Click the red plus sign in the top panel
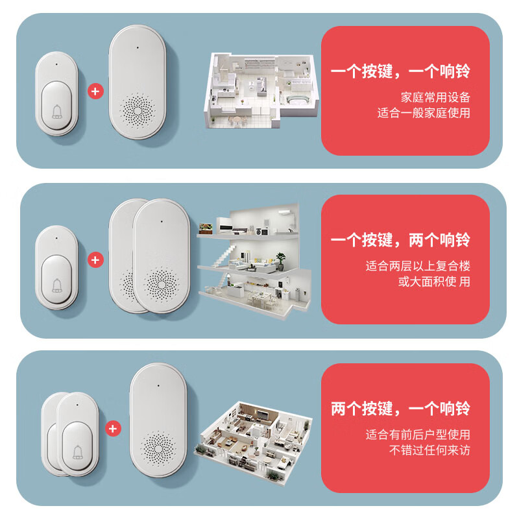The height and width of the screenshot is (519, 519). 95,91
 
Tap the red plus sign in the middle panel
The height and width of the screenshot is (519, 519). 95,260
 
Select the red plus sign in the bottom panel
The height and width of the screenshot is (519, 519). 114,429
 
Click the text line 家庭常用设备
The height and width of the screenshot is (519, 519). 435,97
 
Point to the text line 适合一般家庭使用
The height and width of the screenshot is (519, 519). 424,113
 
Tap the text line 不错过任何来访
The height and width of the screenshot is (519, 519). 429,450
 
